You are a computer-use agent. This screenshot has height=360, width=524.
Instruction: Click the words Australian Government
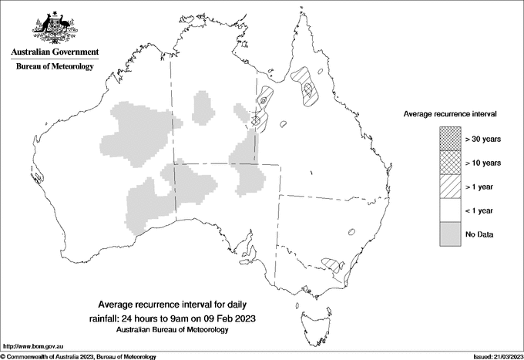(x=55, y=52)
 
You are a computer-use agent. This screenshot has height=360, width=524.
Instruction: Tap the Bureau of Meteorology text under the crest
(x=55, y=67)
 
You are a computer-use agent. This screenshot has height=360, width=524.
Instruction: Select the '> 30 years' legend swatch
(x=451, y=138)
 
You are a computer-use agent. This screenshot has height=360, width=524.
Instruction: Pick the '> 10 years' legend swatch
(x=451, y=162)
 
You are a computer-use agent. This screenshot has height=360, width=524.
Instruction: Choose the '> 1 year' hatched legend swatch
(x=451, y=186)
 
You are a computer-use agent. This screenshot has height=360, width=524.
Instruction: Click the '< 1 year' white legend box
(x=451, y=210)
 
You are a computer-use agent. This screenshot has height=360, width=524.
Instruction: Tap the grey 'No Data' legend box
(x=451, y=234)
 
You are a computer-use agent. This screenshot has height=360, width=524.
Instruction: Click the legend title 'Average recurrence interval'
(x=450, y=113)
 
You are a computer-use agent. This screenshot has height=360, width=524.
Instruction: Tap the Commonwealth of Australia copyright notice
(x=79, y=356)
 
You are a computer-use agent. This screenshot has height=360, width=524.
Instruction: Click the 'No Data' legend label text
(x=479, y=234)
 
